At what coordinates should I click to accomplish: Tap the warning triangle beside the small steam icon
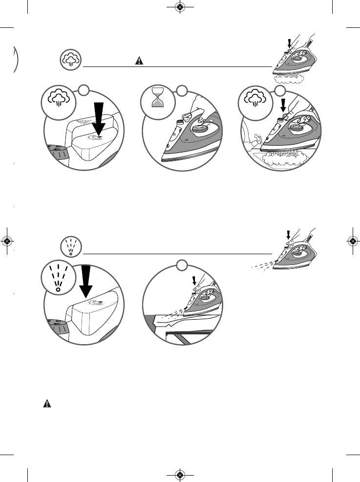click(139, 61)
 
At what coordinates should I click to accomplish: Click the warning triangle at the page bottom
click(47, 404)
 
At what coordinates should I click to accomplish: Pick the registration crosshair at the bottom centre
click(180, 475)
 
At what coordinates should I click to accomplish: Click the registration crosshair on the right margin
click(352, 241)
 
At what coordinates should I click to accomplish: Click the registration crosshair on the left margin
click(7, 241)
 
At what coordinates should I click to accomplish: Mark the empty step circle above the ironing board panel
click(182, 265)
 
